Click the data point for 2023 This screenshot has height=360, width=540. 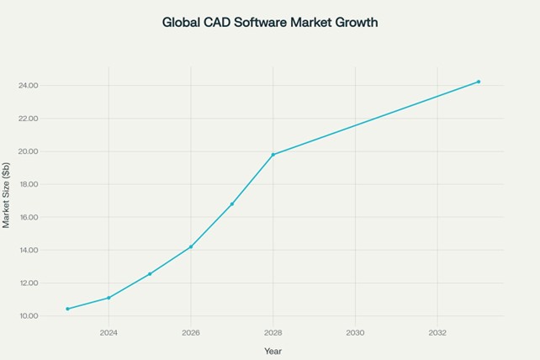click(x=67, y=309)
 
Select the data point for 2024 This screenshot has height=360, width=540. click(x=109, y=298)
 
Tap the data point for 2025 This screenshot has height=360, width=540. click(x=150, y=274)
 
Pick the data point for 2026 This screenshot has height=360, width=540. click(x=191, y=246)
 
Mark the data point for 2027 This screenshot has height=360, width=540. click(x=232, y=204)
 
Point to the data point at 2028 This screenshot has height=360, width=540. click(x=273, y=155)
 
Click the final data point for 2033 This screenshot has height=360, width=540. click(x=479, y=82)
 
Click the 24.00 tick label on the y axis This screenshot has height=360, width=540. click(x=29, y=86)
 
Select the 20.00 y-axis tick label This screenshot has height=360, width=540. click(x=29, y=151)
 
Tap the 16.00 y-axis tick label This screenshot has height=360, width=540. click(x=29, y=217)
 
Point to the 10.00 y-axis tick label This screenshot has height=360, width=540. click(x=29, y=316)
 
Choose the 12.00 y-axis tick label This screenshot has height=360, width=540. click(x=29, y=283)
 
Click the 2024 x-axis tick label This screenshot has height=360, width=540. click(x=109, y=333)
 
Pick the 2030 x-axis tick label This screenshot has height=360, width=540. click(x=356, y=333)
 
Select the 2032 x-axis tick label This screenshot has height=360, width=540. click(x=437, y=333)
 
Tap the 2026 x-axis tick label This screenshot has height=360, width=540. click(x=191, y=333)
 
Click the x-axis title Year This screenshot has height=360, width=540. click(x=273, y=352)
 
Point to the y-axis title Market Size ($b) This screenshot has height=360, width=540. click(x=6, y=195)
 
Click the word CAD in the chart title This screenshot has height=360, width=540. click(x=217, y=23)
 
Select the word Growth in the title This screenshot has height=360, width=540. click(x=357, y=23)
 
